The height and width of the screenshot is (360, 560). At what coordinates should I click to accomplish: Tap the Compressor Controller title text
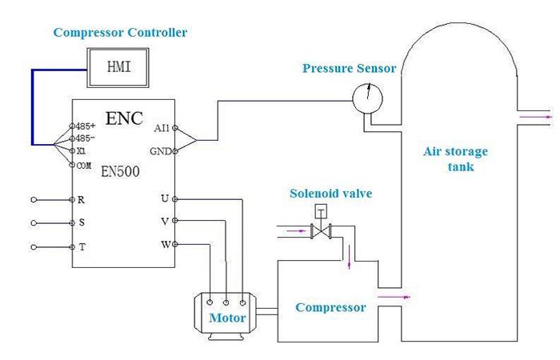point(120,33)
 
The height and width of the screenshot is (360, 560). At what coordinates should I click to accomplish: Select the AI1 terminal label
point(162,128)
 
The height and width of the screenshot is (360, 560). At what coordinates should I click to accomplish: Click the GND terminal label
point(160,151)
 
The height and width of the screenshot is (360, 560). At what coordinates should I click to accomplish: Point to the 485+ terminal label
point(86,126)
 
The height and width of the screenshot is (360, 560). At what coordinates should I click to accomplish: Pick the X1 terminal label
point(82,151)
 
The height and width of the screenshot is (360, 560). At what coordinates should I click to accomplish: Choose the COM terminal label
point(84,166)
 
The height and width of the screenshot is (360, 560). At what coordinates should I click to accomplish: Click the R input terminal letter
point(81,200)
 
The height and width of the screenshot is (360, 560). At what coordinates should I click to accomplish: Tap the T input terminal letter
point(82,246)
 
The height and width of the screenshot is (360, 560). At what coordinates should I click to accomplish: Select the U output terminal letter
point(165,198)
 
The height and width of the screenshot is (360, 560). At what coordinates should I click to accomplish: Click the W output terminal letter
point(166,245)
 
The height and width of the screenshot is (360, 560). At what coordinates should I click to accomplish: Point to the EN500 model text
point(120,171)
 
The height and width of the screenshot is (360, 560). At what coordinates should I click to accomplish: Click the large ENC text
point(124,118)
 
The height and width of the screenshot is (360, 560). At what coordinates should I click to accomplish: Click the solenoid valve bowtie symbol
point(321,231)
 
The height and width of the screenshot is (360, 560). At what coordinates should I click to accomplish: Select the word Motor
point(227,318)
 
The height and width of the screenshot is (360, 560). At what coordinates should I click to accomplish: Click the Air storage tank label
point(456,159)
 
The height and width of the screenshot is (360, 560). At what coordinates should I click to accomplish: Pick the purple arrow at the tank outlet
point(536,117)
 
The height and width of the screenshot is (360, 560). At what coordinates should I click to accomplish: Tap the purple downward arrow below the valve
point(350,257)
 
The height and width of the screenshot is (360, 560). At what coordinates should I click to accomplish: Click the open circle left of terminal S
point(34,223)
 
